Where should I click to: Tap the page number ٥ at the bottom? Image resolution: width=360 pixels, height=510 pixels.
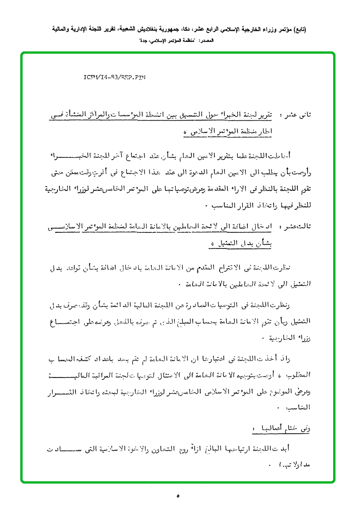178,495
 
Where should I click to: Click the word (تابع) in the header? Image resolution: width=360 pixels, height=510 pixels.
298,29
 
